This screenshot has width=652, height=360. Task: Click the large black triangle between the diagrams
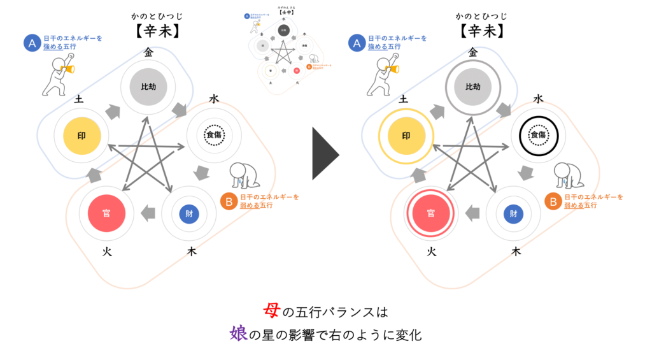[x=324, y=153]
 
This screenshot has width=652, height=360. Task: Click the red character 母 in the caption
[x=271, y=312]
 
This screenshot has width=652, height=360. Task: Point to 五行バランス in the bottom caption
[x=334, y=312]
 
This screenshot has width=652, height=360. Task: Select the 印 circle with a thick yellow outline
[x=406, y=135]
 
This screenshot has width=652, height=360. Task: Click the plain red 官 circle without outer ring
[x=106, y=213]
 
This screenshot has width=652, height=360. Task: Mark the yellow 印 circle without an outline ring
[x=81, y=135]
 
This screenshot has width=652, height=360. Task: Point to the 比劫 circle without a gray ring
[x=148, y=87]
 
